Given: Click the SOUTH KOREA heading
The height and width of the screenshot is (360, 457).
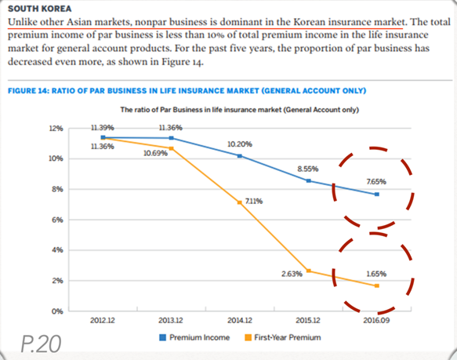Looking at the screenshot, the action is (x=40, y=9).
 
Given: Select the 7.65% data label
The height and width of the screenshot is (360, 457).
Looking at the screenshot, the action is (x=376, y=182).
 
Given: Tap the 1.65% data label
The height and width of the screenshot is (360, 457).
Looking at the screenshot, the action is (x=376, y=274).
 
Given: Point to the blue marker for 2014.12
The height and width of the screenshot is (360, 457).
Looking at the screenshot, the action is (x=240, y=156).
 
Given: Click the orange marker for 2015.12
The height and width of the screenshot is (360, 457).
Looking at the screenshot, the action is (x=309, y=271).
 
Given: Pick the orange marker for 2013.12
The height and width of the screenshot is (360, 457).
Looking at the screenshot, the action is (x=172, y=148).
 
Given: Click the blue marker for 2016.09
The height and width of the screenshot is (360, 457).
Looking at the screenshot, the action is (x=377, y=195).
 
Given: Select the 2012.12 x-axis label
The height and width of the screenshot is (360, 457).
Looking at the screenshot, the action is (x=103, y=320).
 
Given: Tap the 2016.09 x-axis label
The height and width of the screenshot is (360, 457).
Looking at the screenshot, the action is (x=376, y=320).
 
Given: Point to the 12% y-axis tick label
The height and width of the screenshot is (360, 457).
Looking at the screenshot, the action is (x=56, y=129).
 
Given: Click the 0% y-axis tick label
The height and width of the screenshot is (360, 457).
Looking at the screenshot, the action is (x=57, y=311).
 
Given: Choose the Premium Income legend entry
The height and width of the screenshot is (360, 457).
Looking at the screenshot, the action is (x=194, y=337).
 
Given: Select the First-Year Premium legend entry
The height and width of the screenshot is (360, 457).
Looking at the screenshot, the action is (x=283, y=337).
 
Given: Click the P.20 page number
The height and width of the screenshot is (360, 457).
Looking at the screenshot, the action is (x=41, y=344).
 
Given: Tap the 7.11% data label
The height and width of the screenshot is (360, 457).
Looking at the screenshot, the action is (x=253, y=202).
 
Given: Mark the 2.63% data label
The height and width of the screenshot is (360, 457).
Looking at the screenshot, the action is (x=292, y=274).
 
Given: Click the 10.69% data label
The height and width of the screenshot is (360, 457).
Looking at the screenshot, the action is (x=155, y=153).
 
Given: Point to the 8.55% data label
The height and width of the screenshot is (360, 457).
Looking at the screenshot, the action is (x=308, y=169).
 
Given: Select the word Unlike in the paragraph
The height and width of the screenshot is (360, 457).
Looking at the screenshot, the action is (x=20, y=22).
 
